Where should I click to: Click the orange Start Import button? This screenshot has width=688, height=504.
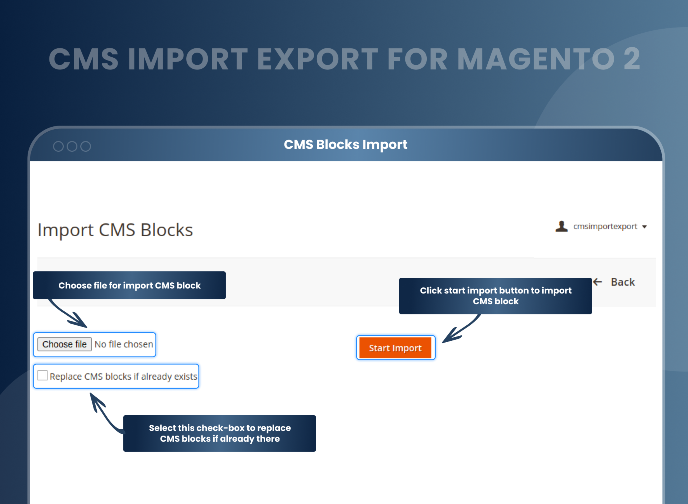click(395, 348)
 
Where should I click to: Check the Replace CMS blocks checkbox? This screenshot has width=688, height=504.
click(42, 375)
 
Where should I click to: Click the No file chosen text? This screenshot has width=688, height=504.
click(124, 344)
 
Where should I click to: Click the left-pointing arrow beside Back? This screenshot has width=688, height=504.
click(597, 282)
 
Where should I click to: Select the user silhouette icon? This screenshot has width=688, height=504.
click(561, 226)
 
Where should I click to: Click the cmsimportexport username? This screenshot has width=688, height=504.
click(605, 226)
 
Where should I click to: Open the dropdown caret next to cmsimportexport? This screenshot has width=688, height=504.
click(644, 227)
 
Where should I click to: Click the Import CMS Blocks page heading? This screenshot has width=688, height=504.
click(115, 230)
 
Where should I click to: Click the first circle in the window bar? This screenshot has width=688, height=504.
click(58, 146)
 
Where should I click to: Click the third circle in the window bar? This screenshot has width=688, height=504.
click(85, 146)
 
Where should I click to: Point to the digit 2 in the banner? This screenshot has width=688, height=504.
click(632, 59)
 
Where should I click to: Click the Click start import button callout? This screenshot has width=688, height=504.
click(495, 296)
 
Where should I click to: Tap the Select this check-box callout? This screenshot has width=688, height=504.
click(219, 433)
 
